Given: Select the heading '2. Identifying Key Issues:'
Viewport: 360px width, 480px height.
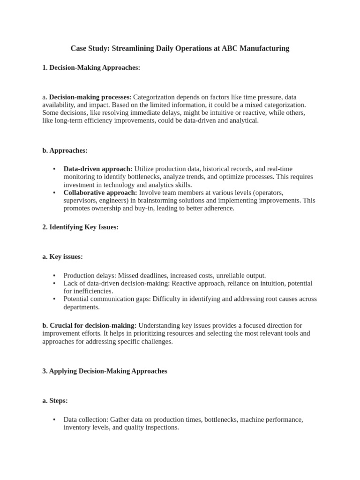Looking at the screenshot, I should [x=80, y=227].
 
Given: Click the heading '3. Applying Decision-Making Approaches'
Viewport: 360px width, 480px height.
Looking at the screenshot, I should [x=105, y=371].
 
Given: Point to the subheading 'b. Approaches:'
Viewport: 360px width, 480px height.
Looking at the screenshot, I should [x=65, y=150].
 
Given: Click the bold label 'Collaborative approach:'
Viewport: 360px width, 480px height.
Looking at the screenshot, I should [x=100, y=192].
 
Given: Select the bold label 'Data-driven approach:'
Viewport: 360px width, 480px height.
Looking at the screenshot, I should [x=98, y=169].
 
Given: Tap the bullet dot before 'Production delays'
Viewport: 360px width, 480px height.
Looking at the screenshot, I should [x=54, y=276].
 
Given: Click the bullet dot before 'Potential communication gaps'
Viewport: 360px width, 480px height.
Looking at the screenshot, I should [x=54, y=299].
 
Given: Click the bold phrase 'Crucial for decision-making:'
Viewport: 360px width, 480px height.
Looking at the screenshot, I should [x=90, y=325].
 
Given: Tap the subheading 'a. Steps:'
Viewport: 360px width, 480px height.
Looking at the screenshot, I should [x=55, y=401].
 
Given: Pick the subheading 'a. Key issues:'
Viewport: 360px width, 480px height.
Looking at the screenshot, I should [x=62, y=257].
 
